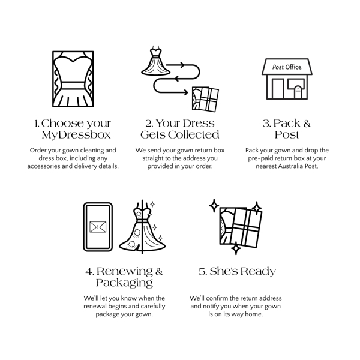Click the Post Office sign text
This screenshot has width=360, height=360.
pyautogui.click(x=287, y=67)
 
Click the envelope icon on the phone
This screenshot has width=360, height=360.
pyautogui.click(x=98, y=227)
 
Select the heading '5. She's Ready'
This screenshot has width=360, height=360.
pyautogui.click(x=237, y=271)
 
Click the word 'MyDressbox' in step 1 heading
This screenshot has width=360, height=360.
pyautogui.click(x=76, y=135)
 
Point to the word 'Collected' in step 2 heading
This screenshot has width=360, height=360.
pyautogui.click(x=193, y=135)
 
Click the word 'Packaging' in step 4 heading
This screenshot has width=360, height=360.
pyautogui.click(x=124, y=283)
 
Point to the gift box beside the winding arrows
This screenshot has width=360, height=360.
pyautogui.click(x=205, y=99)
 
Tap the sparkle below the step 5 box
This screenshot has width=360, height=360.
pyautogui.click(x=236, y=248)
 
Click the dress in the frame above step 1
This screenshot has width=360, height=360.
pyautogui.click(x=73, y=79)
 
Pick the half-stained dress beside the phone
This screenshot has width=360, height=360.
pyautogui.click(x=142, y=227)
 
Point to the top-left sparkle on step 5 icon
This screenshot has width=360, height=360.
pyautogui.click(x=214, y=205)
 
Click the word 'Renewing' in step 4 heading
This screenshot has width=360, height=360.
pyautogui.click(x=124, y=271)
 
